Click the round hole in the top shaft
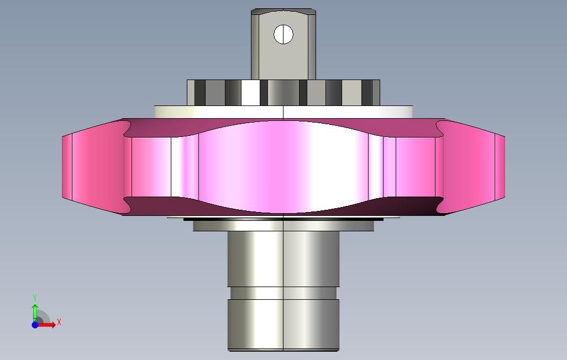tap(283, 34)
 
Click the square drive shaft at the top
tap(283, 44)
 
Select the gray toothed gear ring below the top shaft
tap(283, 93)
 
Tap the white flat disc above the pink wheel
tap(283, 112)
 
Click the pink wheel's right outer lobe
tap(470, 167)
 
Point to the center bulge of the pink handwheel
tap(283, 167)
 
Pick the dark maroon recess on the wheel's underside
tap(283, 207)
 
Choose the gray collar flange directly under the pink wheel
tap(283, 226)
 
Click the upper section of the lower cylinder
tap(283, 259)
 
